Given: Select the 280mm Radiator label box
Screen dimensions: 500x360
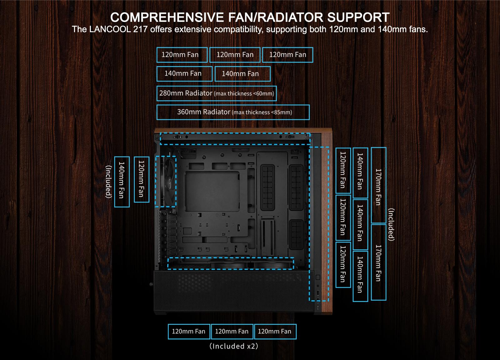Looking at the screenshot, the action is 217,93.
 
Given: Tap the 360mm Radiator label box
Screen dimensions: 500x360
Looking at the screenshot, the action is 233,112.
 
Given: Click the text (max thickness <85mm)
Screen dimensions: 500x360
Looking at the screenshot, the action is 262,112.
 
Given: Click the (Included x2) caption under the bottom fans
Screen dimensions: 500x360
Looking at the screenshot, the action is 234,346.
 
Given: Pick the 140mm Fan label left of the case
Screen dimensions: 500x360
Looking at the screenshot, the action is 122,182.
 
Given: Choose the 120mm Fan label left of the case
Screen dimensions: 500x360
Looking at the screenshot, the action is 141,179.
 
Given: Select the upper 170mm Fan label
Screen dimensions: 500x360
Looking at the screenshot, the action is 378,186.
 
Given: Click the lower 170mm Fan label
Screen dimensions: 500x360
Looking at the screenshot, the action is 378,262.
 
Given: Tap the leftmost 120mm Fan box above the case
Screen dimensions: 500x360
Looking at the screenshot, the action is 182,55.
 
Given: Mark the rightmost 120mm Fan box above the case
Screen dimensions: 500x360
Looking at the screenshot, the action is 287,55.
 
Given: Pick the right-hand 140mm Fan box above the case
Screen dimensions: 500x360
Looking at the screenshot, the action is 242,74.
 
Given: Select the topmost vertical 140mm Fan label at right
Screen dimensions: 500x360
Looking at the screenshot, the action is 360,173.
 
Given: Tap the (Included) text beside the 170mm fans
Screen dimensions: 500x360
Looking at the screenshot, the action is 391,224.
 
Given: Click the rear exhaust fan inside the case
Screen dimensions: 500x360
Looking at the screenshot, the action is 168,181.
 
